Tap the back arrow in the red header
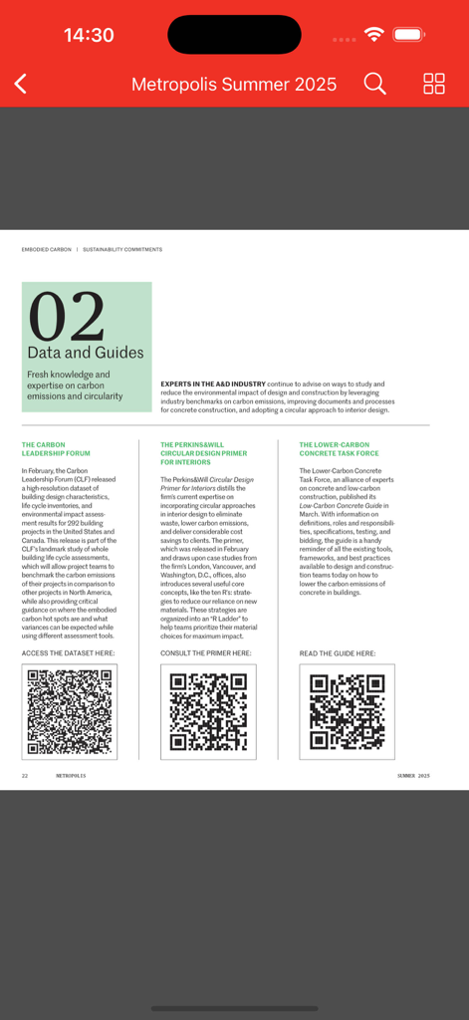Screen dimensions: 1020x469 [x=21, y=85]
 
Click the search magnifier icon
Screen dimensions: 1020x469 [x=374, y=85]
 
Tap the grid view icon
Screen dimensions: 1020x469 [x=434, y=85]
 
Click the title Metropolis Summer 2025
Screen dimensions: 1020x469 [x=234, y=85]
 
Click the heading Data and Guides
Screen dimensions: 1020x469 [x=86, y=353]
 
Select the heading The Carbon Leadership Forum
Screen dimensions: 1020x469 [x=56, y=449]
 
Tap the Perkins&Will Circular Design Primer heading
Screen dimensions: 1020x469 [x=203, y=453]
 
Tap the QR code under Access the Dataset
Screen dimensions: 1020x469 [x=69, y=711]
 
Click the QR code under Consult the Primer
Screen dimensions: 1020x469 [x=208, y=711]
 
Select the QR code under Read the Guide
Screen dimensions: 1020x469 [x=347, y=711]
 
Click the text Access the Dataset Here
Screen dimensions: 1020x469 [x=68, y=653]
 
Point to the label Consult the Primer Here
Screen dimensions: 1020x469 [x=206, y=653]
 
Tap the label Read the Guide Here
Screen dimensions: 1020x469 [x=338, y=653]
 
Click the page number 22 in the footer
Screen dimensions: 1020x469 [x=25, y=775]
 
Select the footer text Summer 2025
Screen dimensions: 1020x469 [x=413, y=775]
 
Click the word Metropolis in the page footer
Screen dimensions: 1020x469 [x=70, y=775]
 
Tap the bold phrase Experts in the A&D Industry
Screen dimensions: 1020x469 [x=213, y=383]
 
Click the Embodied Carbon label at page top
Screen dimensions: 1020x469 [x=47, y=249]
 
